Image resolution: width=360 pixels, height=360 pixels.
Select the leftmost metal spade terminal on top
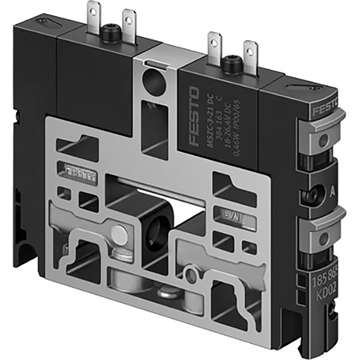pyautogui.click(x=95, y=16)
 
